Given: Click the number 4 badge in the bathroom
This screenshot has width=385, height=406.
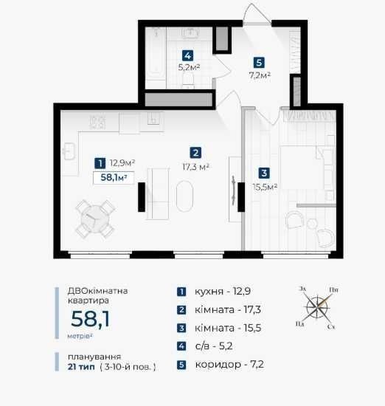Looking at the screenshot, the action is coord(187,55).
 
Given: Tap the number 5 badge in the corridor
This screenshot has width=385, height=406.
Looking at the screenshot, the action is coord(259,63).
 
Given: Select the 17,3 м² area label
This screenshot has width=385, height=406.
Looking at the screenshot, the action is coord(196,167).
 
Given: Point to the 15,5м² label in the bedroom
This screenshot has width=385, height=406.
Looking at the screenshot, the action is coord(265,187).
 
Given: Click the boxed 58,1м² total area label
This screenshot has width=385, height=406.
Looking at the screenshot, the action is coord(114,178).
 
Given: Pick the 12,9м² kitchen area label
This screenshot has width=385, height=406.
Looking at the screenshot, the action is coord(122,163).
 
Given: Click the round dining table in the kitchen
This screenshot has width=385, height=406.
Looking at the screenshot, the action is coord(95,219).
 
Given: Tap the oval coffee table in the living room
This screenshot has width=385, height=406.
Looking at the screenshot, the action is coord(184,196).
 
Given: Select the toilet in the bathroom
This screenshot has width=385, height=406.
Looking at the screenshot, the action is coord(188,79).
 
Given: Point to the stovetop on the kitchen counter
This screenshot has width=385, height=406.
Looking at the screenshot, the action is coord(97,122).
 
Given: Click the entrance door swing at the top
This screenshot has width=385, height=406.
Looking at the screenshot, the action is coord(257,14).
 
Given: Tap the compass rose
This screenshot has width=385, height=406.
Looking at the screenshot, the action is coord(317,308).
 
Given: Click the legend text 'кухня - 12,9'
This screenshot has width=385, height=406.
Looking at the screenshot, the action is coord(223,292).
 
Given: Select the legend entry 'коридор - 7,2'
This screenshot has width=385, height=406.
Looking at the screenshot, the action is coord(229,365).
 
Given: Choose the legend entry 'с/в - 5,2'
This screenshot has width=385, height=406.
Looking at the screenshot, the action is coord(214,346).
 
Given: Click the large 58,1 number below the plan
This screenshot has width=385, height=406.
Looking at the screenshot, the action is coord(90,319).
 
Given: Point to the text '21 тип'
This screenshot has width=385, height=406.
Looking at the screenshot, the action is coord(81,367).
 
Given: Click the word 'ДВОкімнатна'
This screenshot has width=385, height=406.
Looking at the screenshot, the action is coord(97,291).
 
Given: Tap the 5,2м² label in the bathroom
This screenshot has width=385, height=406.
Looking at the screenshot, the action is coord(189,67).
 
